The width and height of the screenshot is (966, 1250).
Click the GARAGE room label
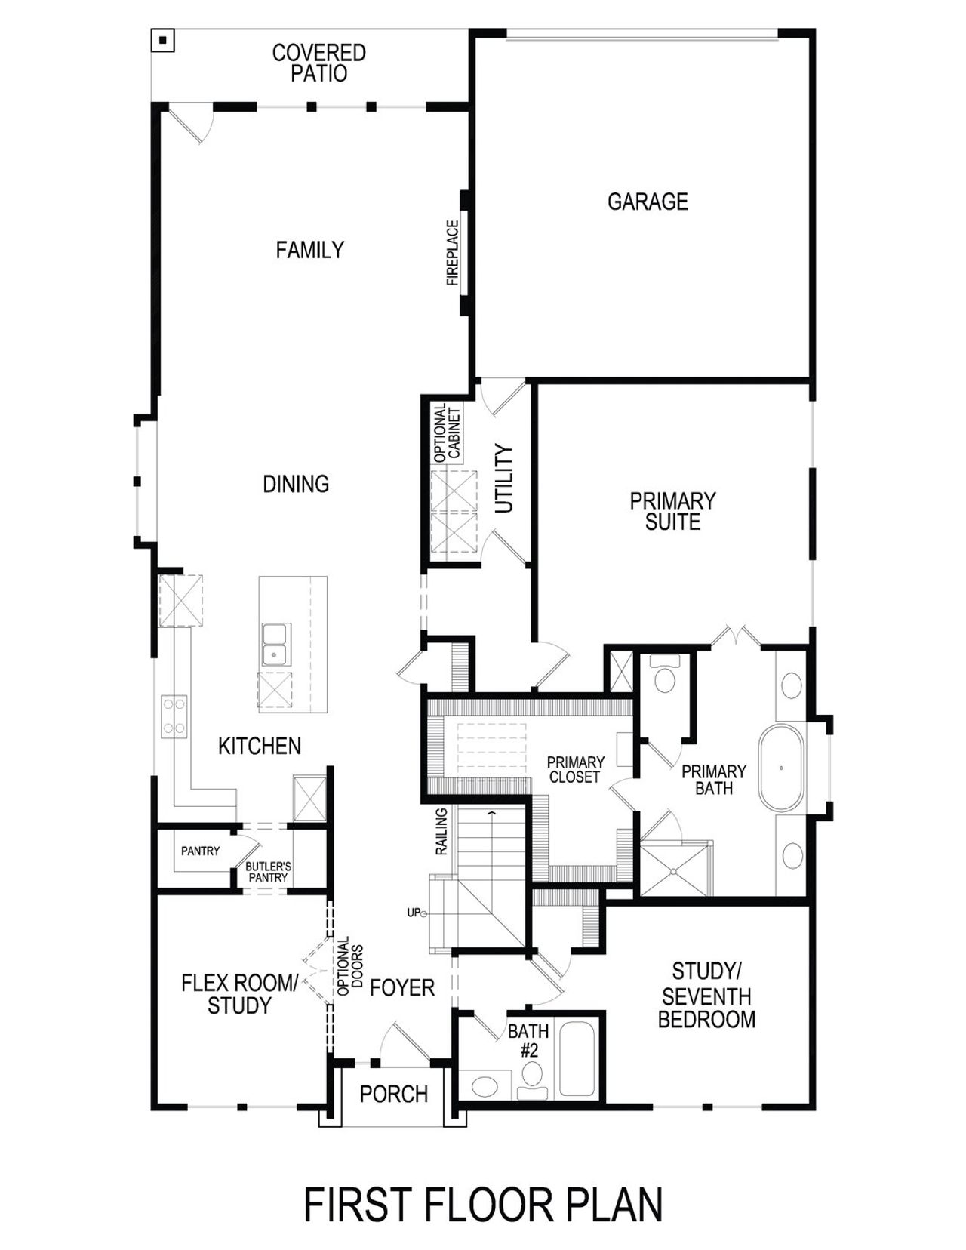click(x=648, y=202)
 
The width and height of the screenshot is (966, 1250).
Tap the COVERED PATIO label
click(x=318, y=63)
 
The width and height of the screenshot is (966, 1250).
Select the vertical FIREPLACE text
click(x=453, y=253)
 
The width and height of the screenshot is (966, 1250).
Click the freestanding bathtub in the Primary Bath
click(x=781, y=768)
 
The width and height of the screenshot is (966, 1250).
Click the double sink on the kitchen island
click(x=275, y=644)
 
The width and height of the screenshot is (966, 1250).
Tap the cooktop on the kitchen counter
click(x=174, y=716)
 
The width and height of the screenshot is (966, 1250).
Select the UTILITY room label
click(x=504, y=479)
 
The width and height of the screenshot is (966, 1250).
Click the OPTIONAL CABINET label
click(x=447, y=434)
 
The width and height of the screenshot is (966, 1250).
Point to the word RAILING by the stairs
click(x=441, y=831)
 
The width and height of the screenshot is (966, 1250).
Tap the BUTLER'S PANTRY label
click(x=268, y=872)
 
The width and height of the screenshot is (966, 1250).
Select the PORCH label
click(x=393, y=1094)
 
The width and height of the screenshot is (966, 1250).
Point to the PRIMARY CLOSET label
click(x=575, y=769)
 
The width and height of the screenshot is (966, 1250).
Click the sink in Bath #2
click(x=483, y=1087)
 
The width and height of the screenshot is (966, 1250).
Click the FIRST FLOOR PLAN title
click(x=483, y=1204)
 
